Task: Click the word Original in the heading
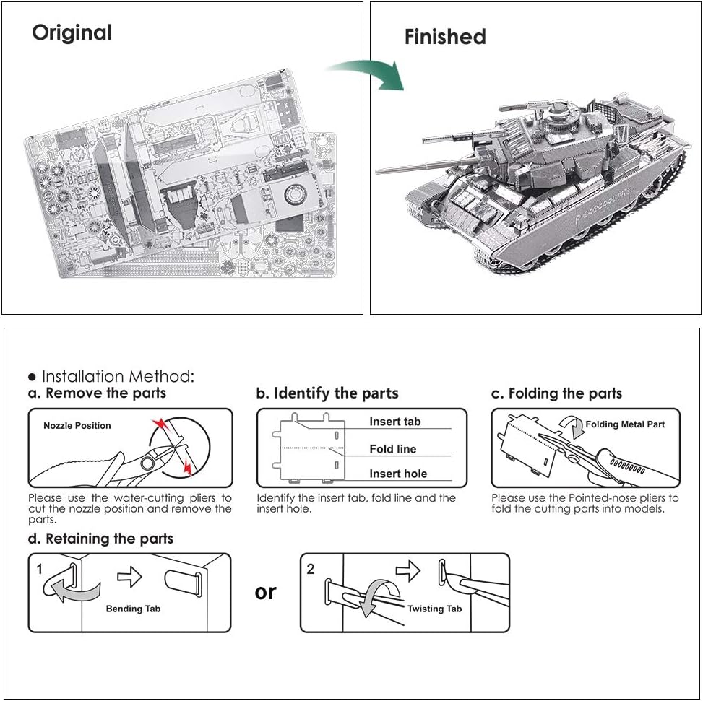72,32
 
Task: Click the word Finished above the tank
444,37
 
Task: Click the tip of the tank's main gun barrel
379,171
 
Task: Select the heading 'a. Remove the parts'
97,393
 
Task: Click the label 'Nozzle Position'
77,425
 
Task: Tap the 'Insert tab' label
394,422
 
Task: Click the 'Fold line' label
392,449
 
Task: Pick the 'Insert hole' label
398,474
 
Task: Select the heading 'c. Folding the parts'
556,393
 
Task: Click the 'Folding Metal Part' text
625,424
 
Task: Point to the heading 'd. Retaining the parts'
100,539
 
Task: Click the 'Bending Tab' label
133,609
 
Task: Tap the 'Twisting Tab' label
434,609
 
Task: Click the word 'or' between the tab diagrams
265,592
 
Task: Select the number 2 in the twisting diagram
311,569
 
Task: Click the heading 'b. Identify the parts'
327,393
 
